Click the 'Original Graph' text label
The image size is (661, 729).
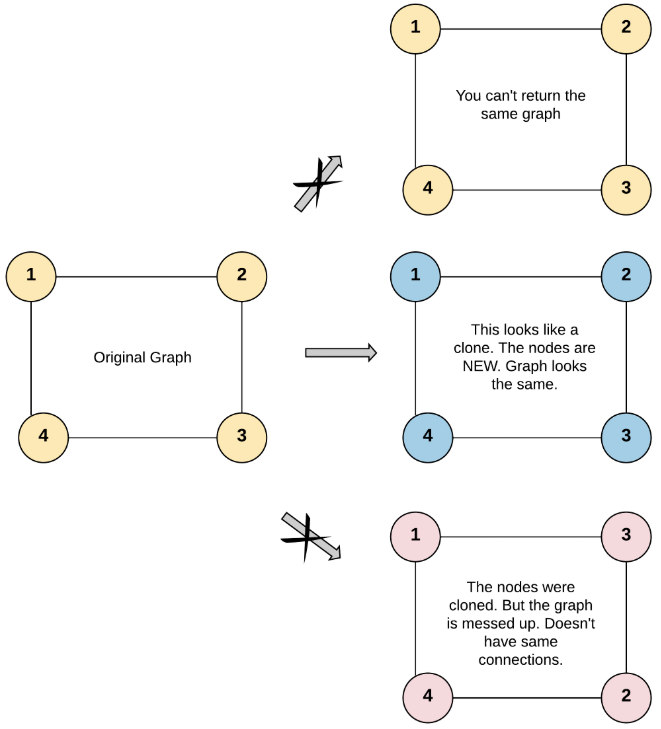[x=142, y=357]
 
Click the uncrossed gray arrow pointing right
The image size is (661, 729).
[x=340, y=352]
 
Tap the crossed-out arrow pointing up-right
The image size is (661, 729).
[x=318, y=183]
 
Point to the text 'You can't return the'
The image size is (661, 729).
[x=520, y=96]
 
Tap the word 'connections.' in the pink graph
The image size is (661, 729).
[x=520, y=660]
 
